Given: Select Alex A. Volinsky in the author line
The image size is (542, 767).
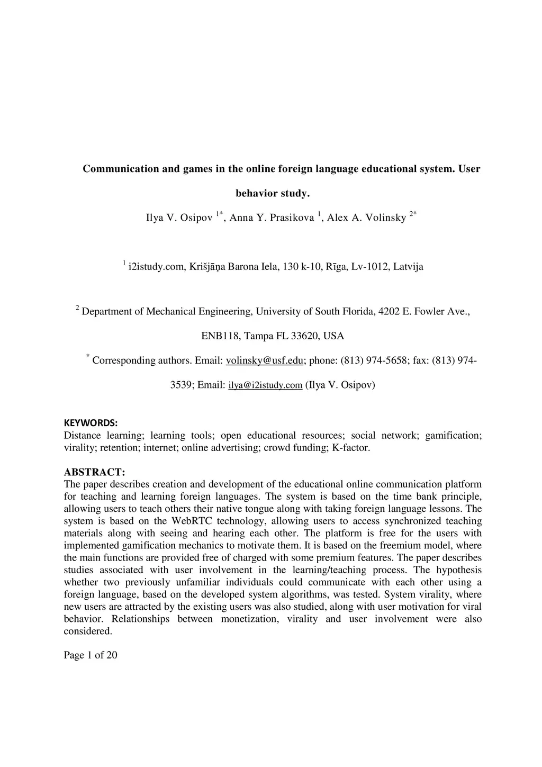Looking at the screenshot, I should coord(366,218).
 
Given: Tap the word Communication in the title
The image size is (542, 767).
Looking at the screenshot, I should coord(121,169).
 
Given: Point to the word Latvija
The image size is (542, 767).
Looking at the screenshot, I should coord(408,267).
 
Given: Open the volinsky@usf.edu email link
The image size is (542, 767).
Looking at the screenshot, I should coord(265,361).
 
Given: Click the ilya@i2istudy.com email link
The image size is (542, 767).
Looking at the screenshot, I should coord(265,385).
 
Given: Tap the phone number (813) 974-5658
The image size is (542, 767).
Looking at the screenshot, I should coord(375,361).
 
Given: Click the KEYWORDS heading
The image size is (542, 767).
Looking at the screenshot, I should coord(91,423).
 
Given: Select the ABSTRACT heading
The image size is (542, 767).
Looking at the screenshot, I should coord(94,472).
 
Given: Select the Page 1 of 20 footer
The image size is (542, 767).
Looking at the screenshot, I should coord(91,655).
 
